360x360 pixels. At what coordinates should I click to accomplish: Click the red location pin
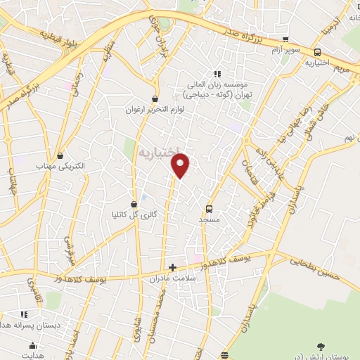[x=181, y=166]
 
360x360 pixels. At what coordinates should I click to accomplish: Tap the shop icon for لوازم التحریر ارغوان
[x=155, y=99]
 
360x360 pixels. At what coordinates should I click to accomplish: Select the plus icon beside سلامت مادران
[x=172, y=268]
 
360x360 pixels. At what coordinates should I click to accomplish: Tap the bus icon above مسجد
[x=209, y=208]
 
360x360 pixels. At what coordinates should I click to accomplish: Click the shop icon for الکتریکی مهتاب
[x=61, y=155]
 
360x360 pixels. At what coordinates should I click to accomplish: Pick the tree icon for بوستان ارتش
[x=321, y=346]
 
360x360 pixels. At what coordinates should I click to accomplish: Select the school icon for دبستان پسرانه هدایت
[x=23, y=314]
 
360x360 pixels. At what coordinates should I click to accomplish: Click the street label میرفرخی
[x=69, y=250]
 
